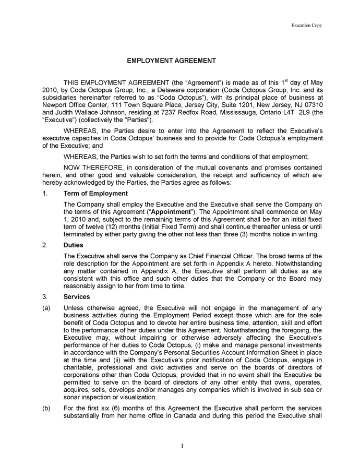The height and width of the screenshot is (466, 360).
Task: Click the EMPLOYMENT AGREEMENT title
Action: pyautogui.click(x=172, y=61)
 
